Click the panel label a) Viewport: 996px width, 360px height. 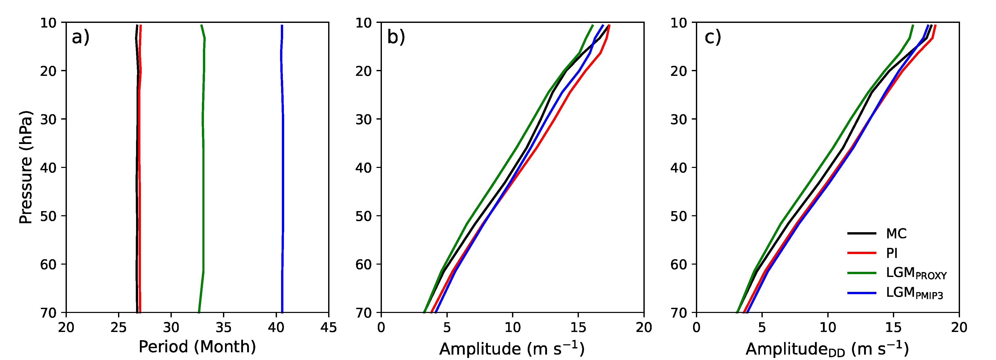[80, 38]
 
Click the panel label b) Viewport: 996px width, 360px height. [396, 38]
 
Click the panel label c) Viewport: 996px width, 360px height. [713, 38]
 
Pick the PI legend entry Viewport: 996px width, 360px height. [892, 253]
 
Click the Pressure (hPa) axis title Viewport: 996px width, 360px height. [25, 167]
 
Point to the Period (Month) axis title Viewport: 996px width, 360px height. [197, 347]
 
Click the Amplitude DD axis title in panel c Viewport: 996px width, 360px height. [827, 348]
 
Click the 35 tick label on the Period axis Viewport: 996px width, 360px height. [223, 328]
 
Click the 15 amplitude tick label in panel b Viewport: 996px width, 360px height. [578, 328]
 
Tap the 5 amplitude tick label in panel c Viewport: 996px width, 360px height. [762, 328]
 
